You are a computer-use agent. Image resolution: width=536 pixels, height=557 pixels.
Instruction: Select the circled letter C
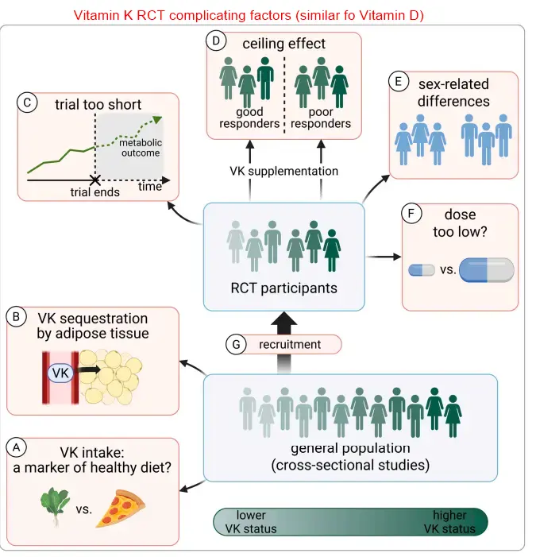[27, 102]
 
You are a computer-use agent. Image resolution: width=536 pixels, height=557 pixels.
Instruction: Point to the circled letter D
[215, 40]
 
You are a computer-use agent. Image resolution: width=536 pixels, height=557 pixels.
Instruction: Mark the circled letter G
[235, 345]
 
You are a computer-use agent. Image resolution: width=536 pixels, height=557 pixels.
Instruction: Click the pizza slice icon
[121, 509]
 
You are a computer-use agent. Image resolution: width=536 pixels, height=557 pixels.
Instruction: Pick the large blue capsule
[486, 270]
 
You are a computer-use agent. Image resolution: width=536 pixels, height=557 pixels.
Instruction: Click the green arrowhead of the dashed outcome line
[158, 119]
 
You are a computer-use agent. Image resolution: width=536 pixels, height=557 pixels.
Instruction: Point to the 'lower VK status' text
[252, 522]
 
